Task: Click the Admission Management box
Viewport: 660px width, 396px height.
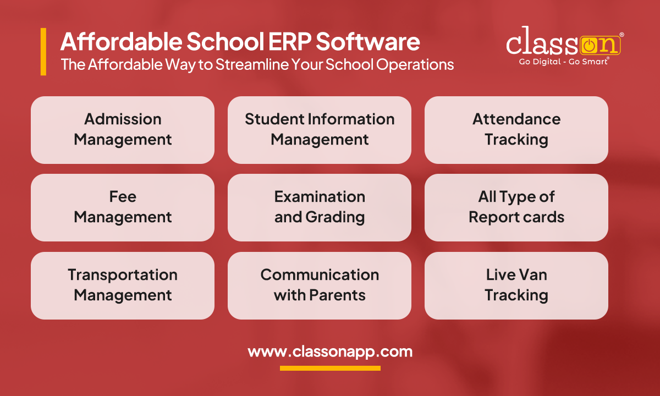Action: coord(123,130)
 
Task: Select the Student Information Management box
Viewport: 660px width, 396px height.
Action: coord(320,130)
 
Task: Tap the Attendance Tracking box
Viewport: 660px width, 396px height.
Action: coord(516,130)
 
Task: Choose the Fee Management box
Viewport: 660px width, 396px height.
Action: coord(123,207)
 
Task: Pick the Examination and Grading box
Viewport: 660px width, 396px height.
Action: coord(320,207)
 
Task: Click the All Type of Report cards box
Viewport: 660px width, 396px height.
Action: coord(516,207)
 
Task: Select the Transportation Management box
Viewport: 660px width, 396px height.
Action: coord(123,285)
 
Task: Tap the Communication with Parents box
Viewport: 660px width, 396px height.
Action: coord(320,285)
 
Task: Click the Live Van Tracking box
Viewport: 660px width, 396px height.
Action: coord(516,285)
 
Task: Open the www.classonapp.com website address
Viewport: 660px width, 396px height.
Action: coord(330,351)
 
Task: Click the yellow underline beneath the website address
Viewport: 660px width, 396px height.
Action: coord(330,368)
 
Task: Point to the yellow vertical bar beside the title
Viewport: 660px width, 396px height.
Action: coord(43,52)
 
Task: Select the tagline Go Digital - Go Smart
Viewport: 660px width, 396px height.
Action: coord(563,62)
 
